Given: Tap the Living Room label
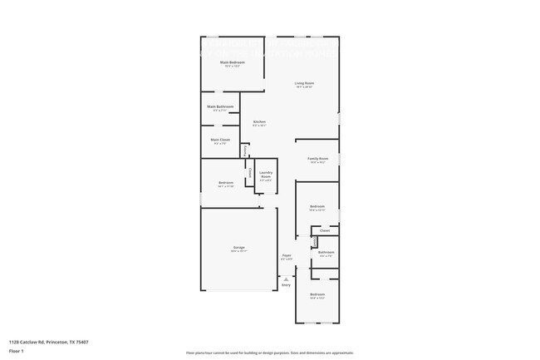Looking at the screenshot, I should [x=304, y=83].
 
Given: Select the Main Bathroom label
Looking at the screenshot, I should [x=220, y=106].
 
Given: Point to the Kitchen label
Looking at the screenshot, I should [x=259, y=122].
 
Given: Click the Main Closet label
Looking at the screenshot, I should [x=220, y=139].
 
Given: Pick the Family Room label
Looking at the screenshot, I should [x=318, y=158].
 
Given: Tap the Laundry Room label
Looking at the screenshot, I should [x=266, y=174].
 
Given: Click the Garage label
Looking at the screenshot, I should [x=238, y=248].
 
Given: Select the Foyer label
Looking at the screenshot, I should [x=286, y=255].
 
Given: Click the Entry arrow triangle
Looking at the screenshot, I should [x=286, y=277].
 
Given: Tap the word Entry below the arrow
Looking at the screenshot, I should [x=286, y=285].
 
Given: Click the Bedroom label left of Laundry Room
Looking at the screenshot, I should [x=226, y=182].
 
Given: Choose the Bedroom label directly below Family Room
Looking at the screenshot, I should [x=317, y=206].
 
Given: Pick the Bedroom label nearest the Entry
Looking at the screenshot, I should [x=317, y=294].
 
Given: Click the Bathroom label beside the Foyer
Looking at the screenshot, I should [x=326, y=252].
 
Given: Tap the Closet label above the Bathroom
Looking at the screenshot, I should [x=324, y=230].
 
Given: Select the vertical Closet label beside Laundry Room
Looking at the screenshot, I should [x=251, y=172].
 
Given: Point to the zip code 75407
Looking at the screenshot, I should [x=81, y=342].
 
